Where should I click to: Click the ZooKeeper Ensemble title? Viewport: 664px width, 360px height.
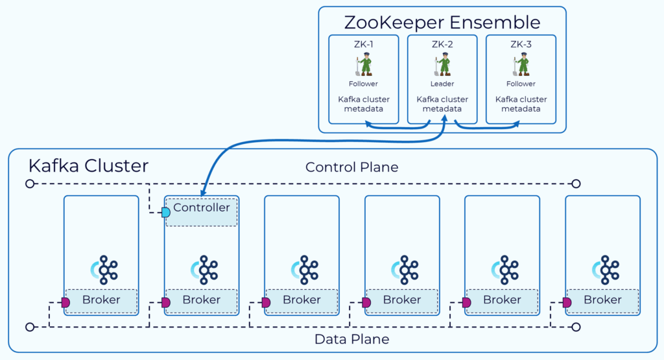click(442, 22)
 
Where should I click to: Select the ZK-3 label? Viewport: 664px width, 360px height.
click(521, 44)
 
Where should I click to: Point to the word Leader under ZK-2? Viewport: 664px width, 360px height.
click(442, 84)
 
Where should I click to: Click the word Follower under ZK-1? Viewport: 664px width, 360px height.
click(362, 84)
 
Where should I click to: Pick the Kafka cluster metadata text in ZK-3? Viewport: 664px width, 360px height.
click(521, 104)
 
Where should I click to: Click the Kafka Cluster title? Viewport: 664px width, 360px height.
click(88, 166)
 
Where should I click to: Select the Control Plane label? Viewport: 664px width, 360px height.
click(351, 167)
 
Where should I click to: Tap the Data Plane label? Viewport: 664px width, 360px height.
click(351, 339)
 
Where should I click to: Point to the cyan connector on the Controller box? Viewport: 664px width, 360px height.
click(166, 212)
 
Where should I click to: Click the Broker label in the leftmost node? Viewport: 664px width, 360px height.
click(101, 300)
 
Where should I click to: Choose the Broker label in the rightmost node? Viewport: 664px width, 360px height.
click(602, 300)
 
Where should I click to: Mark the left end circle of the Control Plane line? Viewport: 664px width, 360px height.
click(29, 184)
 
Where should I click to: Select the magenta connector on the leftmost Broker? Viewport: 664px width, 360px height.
click(65, 302)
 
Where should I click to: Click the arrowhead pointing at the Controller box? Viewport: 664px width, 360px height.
click(203, 193)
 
